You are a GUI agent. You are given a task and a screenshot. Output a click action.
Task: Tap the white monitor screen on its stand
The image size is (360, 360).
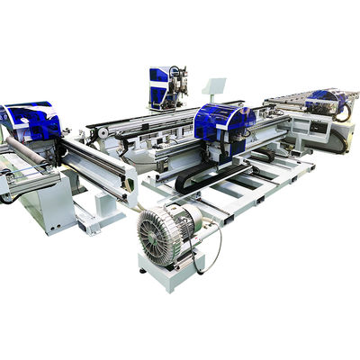[215, 87]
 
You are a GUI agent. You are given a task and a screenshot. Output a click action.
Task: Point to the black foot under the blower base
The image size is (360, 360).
[143, 268]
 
